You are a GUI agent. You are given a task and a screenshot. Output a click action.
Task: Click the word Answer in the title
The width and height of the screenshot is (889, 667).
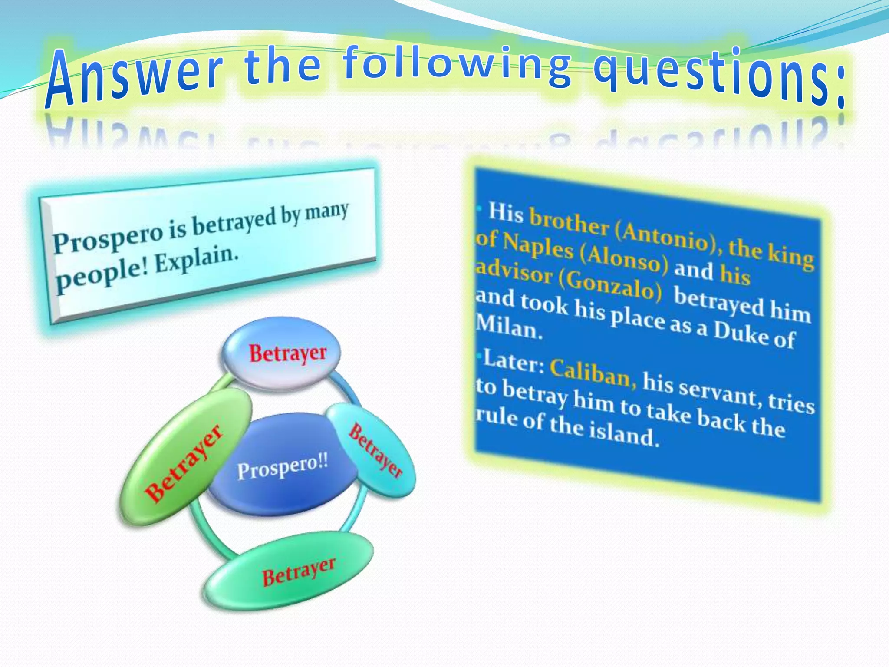[x=135, y=76]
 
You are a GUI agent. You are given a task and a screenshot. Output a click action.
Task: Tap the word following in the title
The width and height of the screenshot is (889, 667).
[x=456, y=65]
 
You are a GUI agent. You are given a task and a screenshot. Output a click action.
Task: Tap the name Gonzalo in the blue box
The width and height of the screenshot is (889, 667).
[x=610, y=284]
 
